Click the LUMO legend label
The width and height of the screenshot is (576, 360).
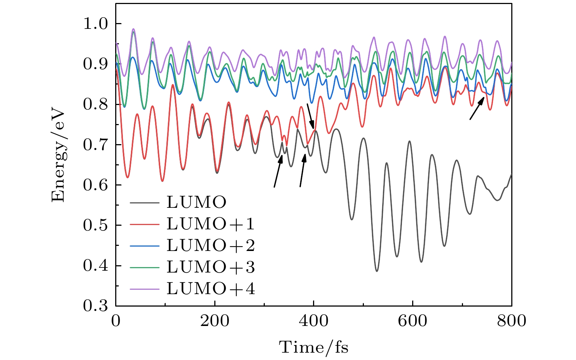click(196, 202)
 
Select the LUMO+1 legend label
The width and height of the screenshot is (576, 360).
click(211, 224)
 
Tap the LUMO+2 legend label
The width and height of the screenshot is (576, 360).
click(211, 245)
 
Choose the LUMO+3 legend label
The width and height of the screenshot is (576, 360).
click(211, 267)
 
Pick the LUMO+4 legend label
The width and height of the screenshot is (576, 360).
click(211, 289)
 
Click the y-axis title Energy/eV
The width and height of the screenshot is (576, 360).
click(58, 155)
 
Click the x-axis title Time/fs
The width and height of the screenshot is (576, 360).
click(314, 347)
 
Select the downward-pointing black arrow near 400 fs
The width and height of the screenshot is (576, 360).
click(310, 116)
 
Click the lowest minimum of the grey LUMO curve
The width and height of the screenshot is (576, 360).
click(377, 271)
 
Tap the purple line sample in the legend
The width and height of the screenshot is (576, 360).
click(145, 289)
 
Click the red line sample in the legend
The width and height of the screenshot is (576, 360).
click(145, 224)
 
